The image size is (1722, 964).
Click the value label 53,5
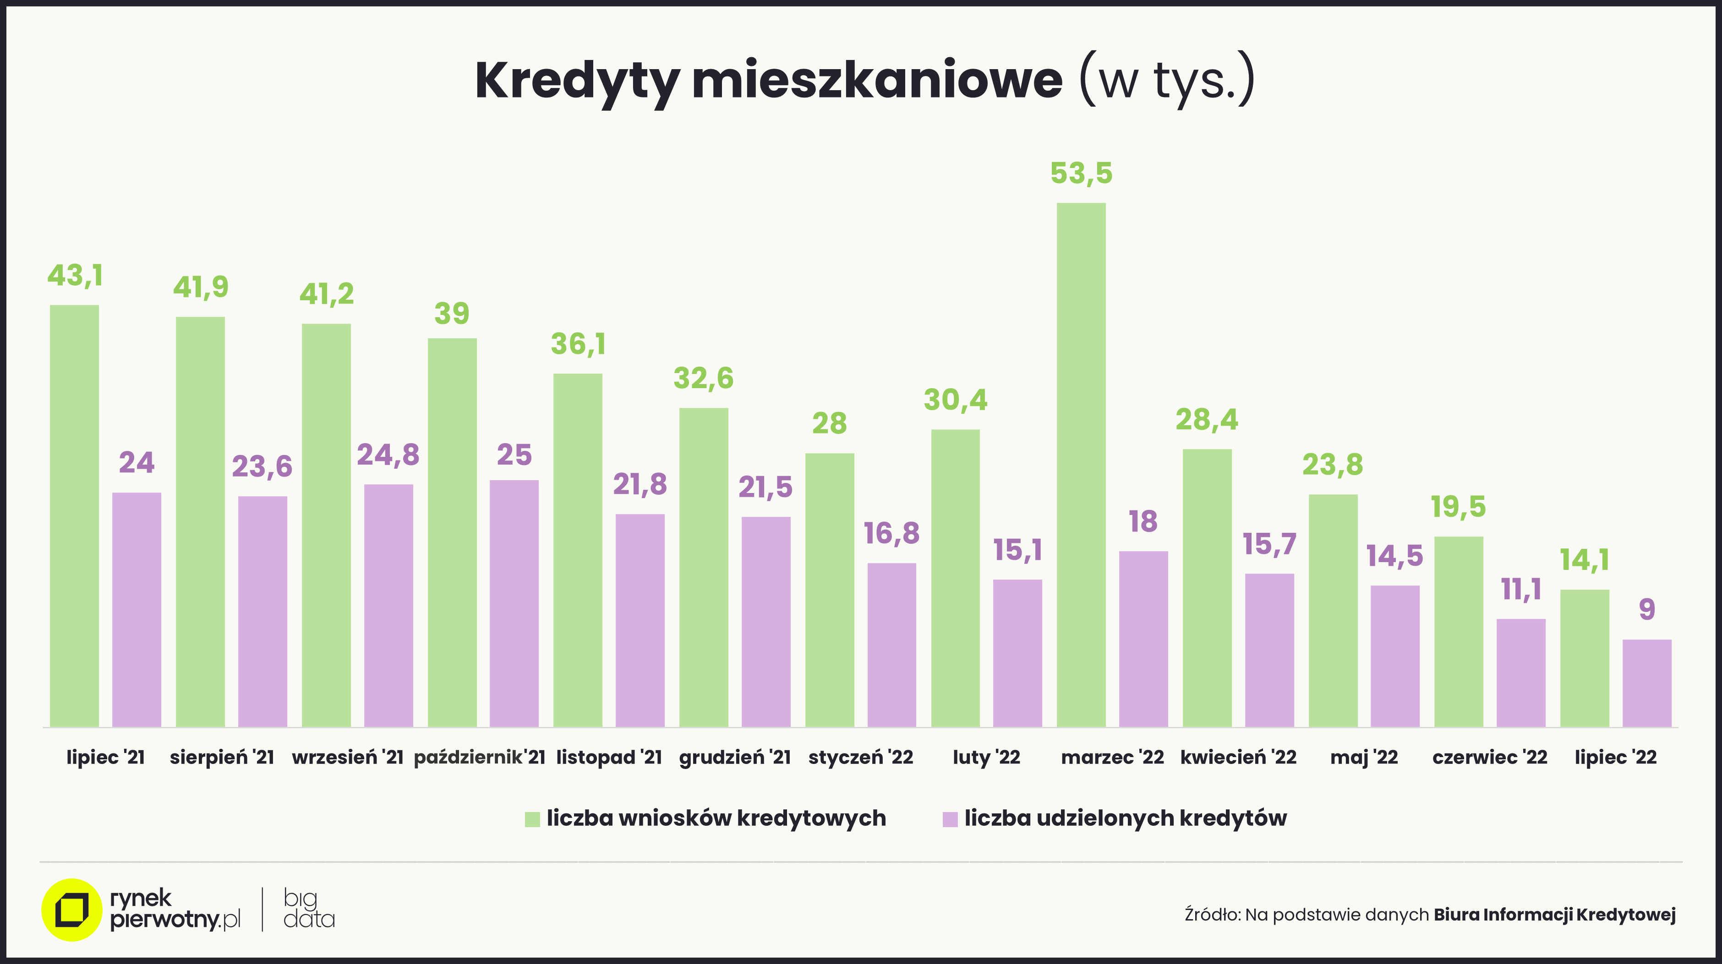(x=1081, y=173)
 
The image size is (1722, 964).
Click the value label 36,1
(x=578, y=345)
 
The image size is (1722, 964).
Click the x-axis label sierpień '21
(x=222, y=757)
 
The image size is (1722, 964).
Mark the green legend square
(x=532, y=819)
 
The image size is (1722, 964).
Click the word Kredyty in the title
(x=577, y=81)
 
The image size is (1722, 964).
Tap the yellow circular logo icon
(x=71, y=910)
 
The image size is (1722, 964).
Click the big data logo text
(x=308, y=909)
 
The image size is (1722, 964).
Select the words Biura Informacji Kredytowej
(x=1554, y=915)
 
